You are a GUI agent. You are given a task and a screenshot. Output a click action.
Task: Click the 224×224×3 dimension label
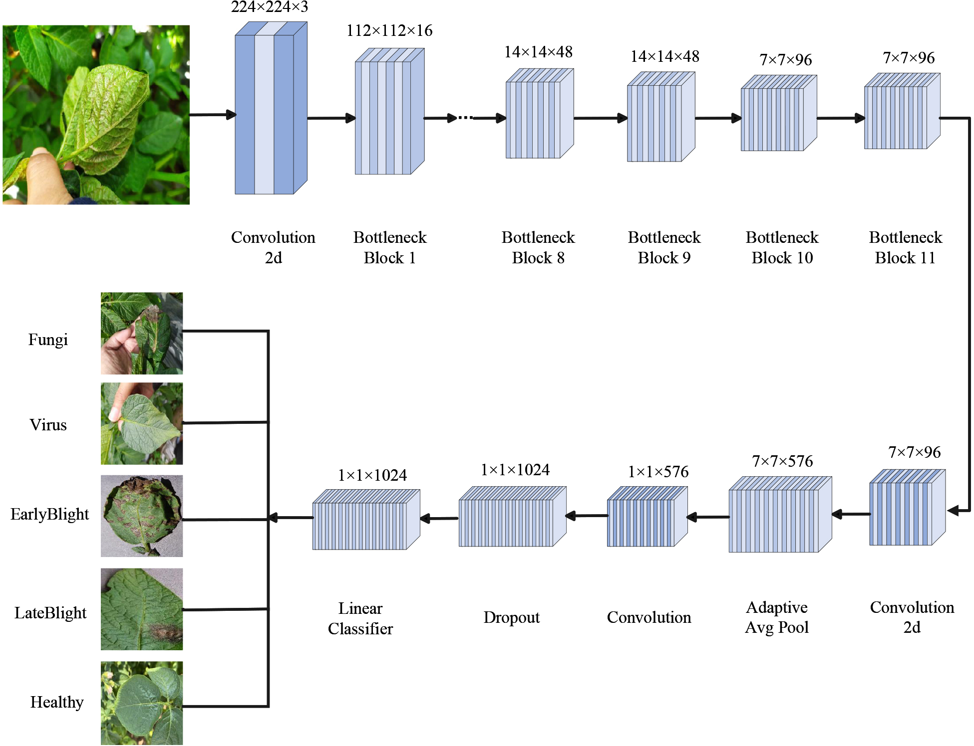coord(269,7)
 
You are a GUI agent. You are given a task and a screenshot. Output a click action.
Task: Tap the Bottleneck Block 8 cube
coord(539,114)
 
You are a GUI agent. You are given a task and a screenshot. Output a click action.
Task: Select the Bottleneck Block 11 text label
coord(905,247)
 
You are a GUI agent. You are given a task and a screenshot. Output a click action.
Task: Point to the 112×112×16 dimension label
coord(389,31)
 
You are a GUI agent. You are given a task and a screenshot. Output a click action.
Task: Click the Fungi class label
coord(48,340)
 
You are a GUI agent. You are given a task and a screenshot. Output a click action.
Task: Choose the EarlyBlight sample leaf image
coord(142,516)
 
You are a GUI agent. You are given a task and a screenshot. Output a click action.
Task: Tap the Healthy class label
coord(57,702)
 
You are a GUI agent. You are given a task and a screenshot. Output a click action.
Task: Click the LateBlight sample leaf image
coord(142,609)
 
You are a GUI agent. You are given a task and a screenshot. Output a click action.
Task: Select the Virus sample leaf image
coord(142,423)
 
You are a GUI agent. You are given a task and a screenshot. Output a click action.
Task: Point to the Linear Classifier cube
coord(365,520)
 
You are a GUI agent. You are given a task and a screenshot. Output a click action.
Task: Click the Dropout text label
coord(511,617)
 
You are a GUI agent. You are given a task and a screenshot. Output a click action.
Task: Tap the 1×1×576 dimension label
coord(658,472)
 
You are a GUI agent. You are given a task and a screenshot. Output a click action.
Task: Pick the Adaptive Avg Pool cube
coord(779,515)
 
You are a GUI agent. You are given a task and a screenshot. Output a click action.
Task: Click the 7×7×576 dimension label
coord(782,461)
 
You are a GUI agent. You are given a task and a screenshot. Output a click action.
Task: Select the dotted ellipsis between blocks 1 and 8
coord(465,118)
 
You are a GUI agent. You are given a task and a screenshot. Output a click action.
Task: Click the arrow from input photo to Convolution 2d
coord(212,115)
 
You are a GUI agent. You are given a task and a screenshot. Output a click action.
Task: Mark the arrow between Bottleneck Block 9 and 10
coord(718,118)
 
